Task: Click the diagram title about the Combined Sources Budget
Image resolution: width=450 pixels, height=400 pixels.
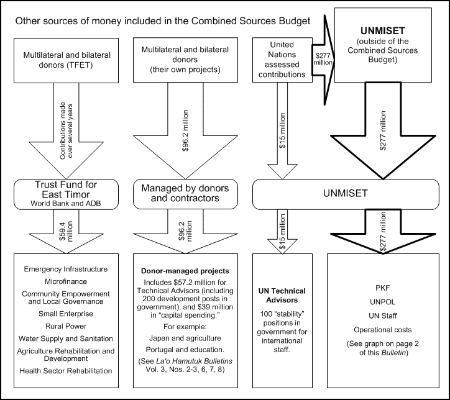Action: pyautogui.click(x=163, y=21)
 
